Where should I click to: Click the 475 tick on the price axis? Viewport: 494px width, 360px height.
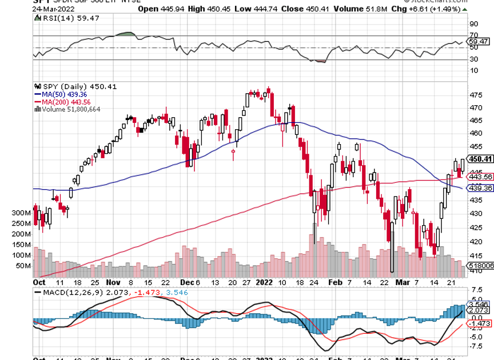[x=475, y=95]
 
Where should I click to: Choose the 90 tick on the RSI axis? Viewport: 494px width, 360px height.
[x=473, y=24]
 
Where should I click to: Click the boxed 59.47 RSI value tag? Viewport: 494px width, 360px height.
[x=477, y=42]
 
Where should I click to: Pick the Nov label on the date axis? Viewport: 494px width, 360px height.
[x=113, y=282]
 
